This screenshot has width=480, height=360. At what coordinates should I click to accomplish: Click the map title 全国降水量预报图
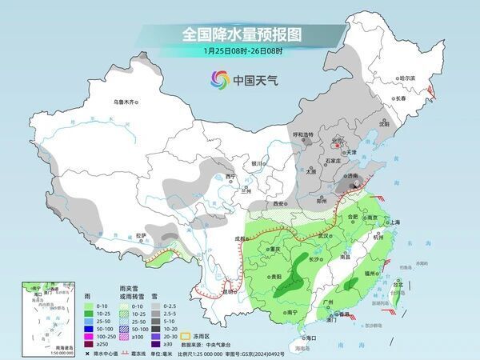(240, 34)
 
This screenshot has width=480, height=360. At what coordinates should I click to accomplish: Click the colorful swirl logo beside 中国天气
(218, 79)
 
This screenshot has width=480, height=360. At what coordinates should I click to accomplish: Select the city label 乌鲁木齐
(126, 102)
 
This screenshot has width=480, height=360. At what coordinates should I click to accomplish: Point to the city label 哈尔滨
(407, 78)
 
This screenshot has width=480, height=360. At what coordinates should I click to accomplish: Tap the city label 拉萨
(141, 235)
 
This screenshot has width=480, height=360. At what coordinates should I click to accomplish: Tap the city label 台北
(398, 282)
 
